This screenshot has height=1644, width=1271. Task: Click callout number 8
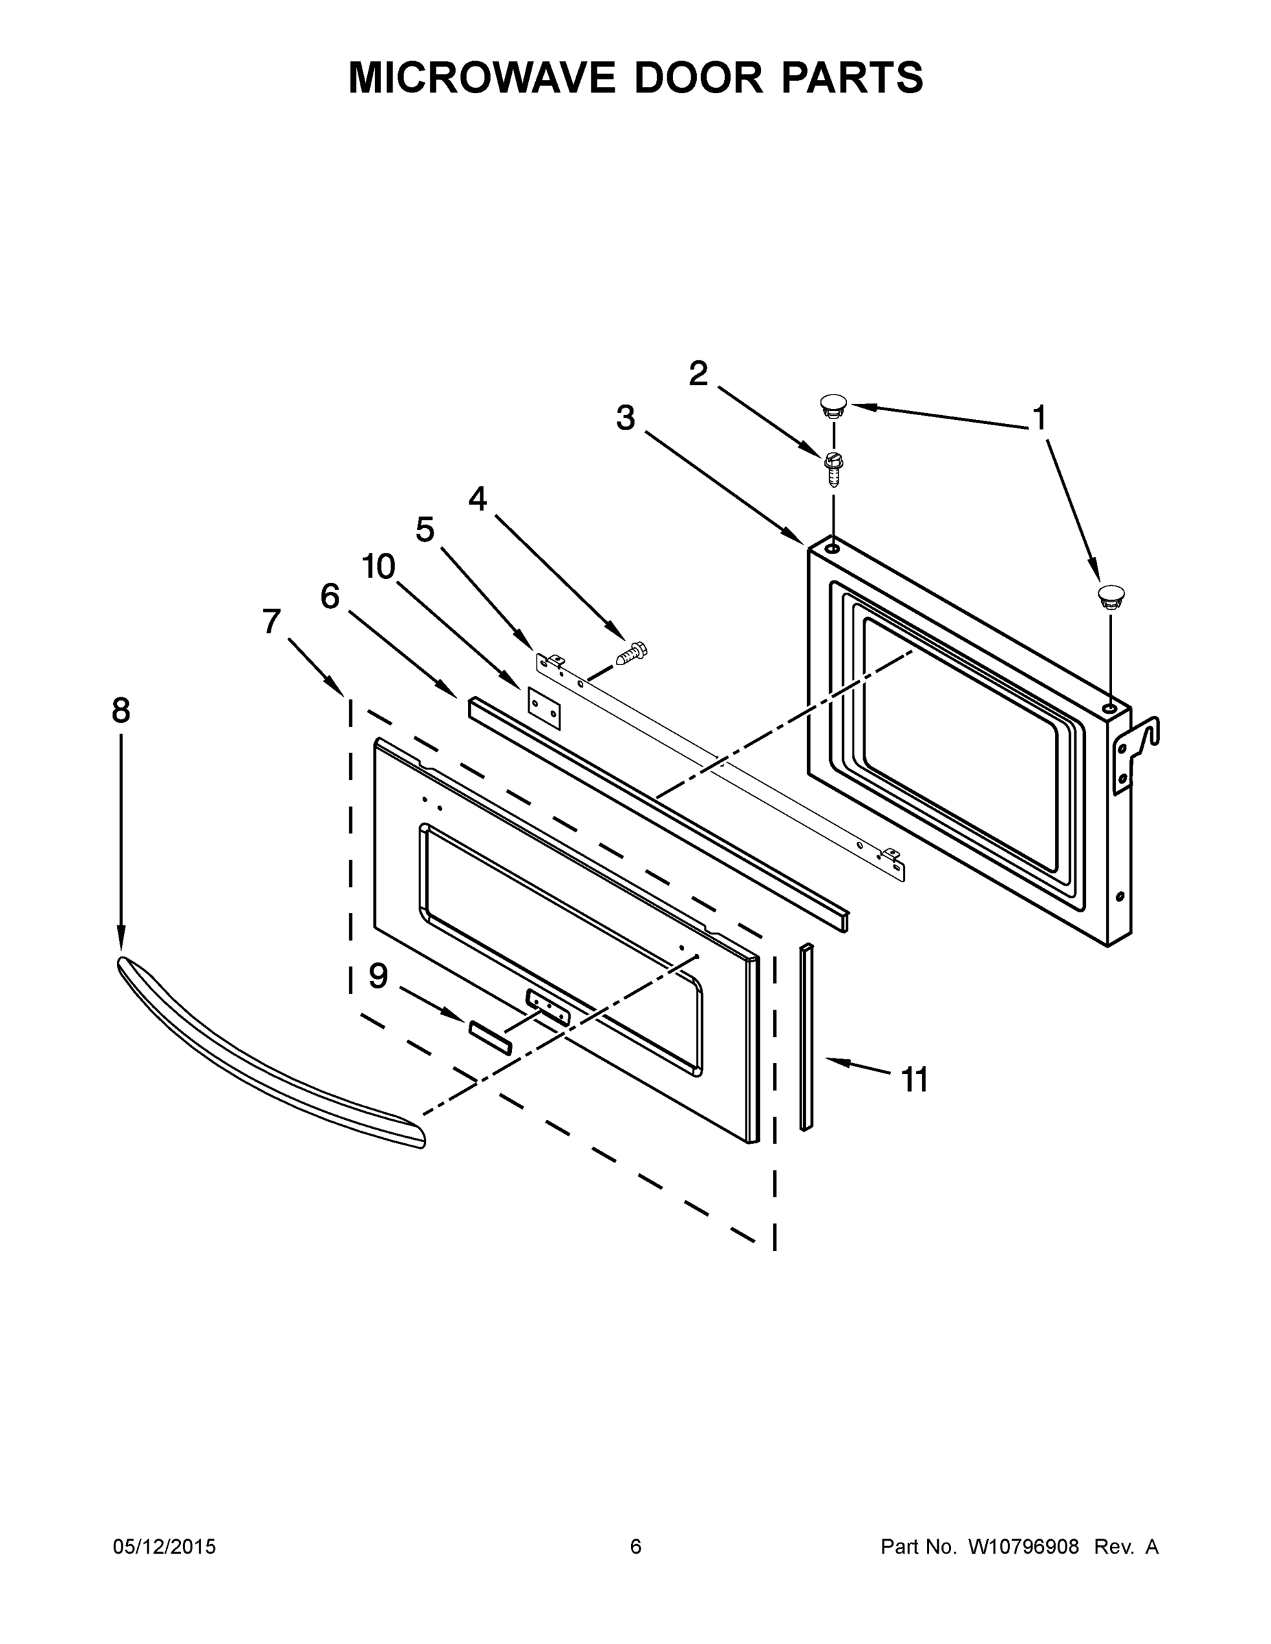coord(121,710)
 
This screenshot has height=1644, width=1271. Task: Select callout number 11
coord(915,1080)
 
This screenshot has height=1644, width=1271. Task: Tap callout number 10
coord(379,566)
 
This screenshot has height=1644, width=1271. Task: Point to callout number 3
coord(626,418)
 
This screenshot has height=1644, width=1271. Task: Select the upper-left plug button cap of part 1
coord(832,405)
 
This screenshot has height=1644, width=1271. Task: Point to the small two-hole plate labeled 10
coord(545,708)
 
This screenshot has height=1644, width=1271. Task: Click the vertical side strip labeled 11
coord(806,1038)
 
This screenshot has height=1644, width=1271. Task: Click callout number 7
coord(271,622)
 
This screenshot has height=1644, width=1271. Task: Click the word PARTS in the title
coord(852,77)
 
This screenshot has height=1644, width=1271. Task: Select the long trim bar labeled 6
coord(655,813)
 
